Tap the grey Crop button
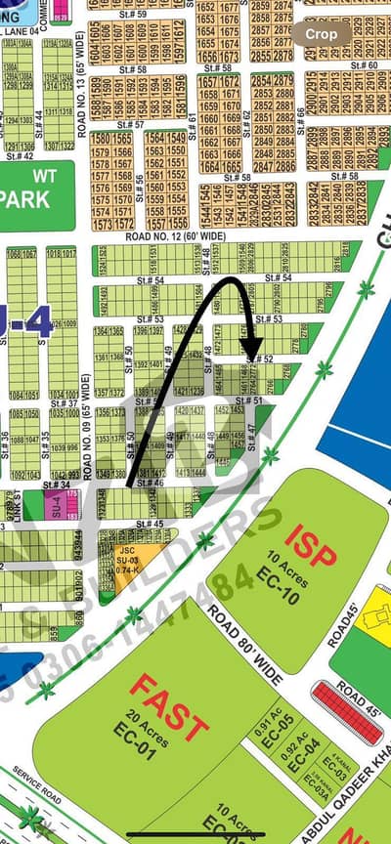coord(322,34)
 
